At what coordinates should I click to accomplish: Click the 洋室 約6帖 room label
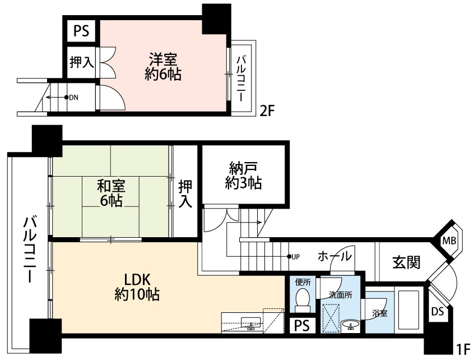pyautogui.click(x=163, y=66)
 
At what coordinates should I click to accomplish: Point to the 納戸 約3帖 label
pyautogui.click(x=243, y=175)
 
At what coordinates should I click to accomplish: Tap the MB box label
pyautogui.click(x=449, y=241)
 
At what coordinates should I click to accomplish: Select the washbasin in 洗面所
pyautogui.click(x=351, y=325)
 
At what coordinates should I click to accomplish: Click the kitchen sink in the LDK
pyautogui.click(x=250, y=322)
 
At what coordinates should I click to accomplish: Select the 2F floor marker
pyautogui.click(x=266, y=110)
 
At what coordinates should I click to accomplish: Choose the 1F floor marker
pyautogui.click(x=462, y=348)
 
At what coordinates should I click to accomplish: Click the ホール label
pyautogui.click(x=335, y=257)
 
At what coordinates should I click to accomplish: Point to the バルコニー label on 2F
pyautogui.click(x=242, y=77)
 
